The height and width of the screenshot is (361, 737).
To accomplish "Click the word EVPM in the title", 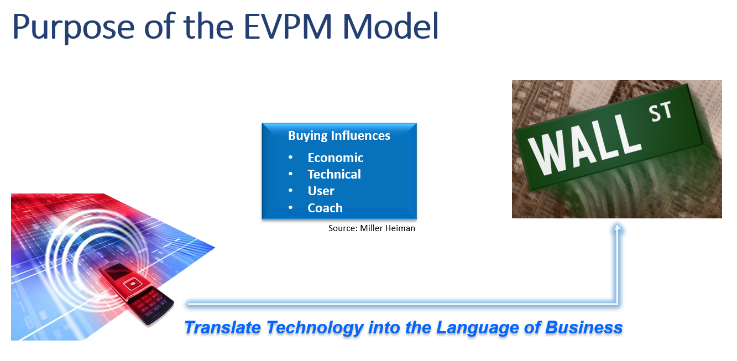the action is coord(288,27).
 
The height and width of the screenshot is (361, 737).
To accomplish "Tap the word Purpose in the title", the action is coord(74,28).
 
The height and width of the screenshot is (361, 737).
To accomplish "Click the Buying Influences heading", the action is coord(339,135).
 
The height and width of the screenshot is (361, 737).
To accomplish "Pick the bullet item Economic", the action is coord(335,158).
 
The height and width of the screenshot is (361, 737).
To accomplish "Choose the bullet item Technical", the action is coord(334,174).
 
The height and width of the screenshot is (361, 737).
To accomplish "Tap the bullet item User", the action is coord(321,191).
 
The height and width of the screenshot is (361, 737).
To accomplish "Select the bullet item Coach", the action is coord(325,208).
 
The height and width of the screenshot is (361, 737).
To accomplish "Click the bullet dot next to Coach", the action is coord(290,207).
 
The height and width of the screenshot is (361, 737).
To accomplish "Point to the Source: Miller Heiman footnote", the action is coord(372,228).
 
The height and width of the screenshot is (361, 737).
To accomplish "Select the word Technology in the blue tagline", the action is coord(315,328).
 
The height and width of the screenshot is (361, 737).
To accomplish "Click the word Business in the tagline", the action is coord(584,327).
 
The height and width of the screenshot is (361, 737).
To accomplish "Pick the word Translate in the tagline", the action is coord(222,327).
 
